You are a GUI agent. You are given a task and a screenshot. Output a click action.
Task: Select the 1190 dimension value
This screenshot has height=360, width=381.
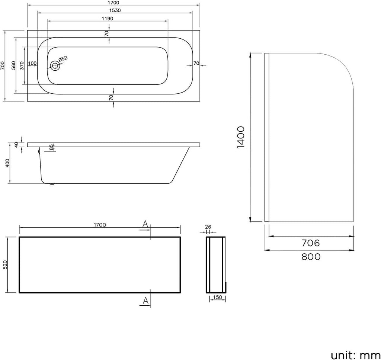coord(108,18)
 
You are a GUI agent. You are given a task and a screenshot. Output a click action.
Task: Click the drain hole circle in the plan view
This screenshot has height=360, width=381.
coord(55,66)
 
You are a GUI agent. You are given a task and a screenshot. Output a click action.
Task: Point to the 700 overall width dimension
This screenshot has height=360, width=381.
coord(3,66)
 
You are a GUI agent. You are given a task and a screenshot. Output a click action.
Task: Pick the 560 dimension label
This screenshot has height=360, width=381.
coord(13,66)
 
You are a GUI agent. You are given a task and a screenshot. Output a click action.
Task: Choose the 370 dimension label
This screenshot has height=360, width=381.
coord(22,66)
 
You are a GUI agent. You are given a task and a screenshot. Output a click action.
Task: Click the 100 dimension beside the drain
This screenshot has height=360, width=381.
coord(32,63)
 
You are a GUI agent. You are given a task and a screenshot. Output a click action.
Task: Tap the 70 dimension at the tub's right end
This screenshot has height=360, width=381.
coord(196,63)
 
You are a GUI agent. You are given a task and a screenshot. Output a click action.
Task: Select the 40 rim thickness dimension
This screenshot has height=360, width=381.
coord(16,145)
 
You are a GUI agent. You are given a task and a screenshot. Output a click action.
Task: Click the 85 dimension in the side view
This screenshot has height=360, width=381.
coord(52,147)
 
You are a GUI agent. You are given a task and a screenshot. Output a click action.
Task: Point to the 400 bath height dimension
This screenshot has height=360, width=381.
coord(7,163)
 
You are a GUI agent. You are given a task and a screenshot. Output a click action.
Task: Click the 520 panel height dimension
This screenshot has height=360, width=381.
coord(5,264)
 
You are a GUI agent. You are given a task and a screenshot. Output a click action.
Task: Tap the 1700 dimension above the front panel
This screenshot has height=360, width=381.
coord(100,225)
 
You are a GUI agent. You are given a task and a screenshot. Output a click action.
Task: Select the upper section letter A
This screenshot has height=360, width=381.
coord(145,224)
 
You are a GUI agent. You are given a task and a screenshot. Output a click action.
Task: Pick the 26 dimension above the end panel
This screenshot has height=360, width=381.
coord(208,226)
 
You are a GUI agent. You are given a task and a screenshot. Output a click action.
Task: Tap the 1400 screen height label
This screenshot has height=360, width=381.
coord(241,137)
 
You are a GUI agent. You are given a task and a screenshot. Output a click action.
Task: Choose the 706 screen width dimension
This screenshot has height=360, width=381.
coord(311,243)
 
